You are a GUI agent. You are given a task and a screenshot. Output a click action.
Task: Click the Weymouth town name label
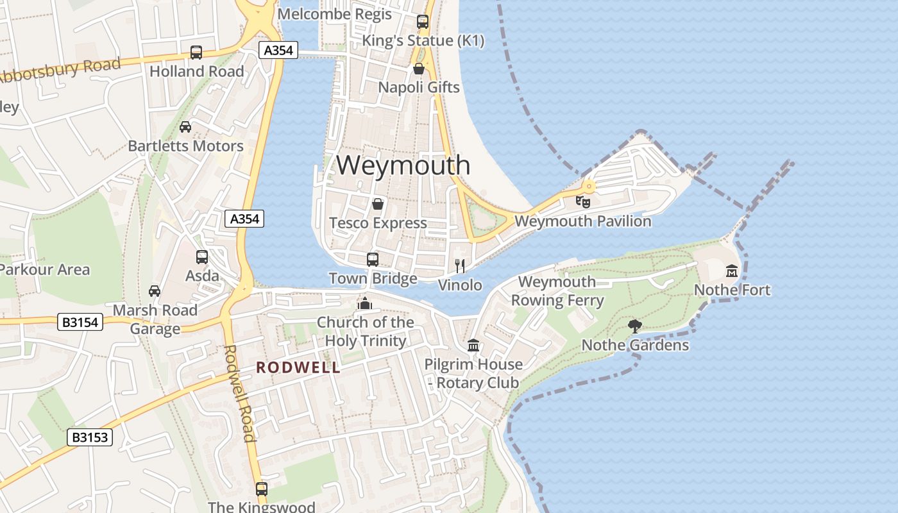point(403,165)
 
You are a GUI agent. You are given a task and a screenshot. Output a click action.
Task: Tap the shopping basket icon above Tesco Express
point(378,204)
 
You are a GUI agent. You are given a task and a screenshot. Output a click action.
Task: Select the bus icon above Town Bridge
point(373,259)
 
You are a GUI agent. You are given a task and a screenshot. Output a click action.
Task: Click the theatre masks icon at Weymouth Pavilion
point(583,202)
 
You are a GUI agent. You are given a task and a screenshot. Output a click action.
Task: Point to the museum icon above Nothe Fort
point(732,271)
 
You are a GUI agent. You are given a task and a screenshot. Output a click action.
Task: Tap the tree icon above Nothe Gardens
point(635,326)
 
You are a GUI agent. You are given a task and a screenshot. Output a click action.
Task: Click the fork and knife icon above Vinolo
point(460,265)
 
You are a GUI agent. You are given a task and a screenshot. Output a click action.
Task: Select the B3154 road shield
point(81,322)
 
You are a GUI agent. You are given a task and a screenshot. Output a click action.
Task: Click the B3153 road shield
point(90,437)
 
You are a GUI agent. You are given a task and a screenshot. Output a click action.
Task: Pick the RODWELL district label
point(298,367)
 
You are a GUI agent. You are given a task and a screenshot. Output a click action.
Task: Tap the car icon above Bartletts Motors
point(185,127)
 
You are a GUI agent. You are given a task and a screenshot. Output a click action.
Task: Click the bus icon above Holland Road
point(196,53)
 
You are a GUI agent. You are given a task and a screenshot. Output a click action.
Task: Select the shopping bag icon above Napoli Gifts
point(419,68)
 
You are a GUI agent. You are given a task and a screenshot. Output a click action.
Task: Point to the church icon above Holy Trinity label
point(365,303)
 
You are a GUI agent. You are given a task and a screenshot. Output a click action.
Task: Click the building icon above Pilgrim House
point(473,346)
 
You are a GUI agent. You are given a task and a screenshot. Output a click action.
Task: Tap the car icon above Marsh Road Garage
point(155,291)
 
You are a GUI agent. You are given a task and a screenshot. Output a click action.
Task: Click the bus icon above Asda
point(202,257)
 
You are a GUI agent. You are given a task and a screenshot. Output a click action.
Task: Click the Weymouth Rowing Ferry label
point(557,290)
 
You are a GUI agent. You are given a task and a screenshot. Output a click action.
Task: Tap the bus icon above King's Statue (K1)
point(423,22)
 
